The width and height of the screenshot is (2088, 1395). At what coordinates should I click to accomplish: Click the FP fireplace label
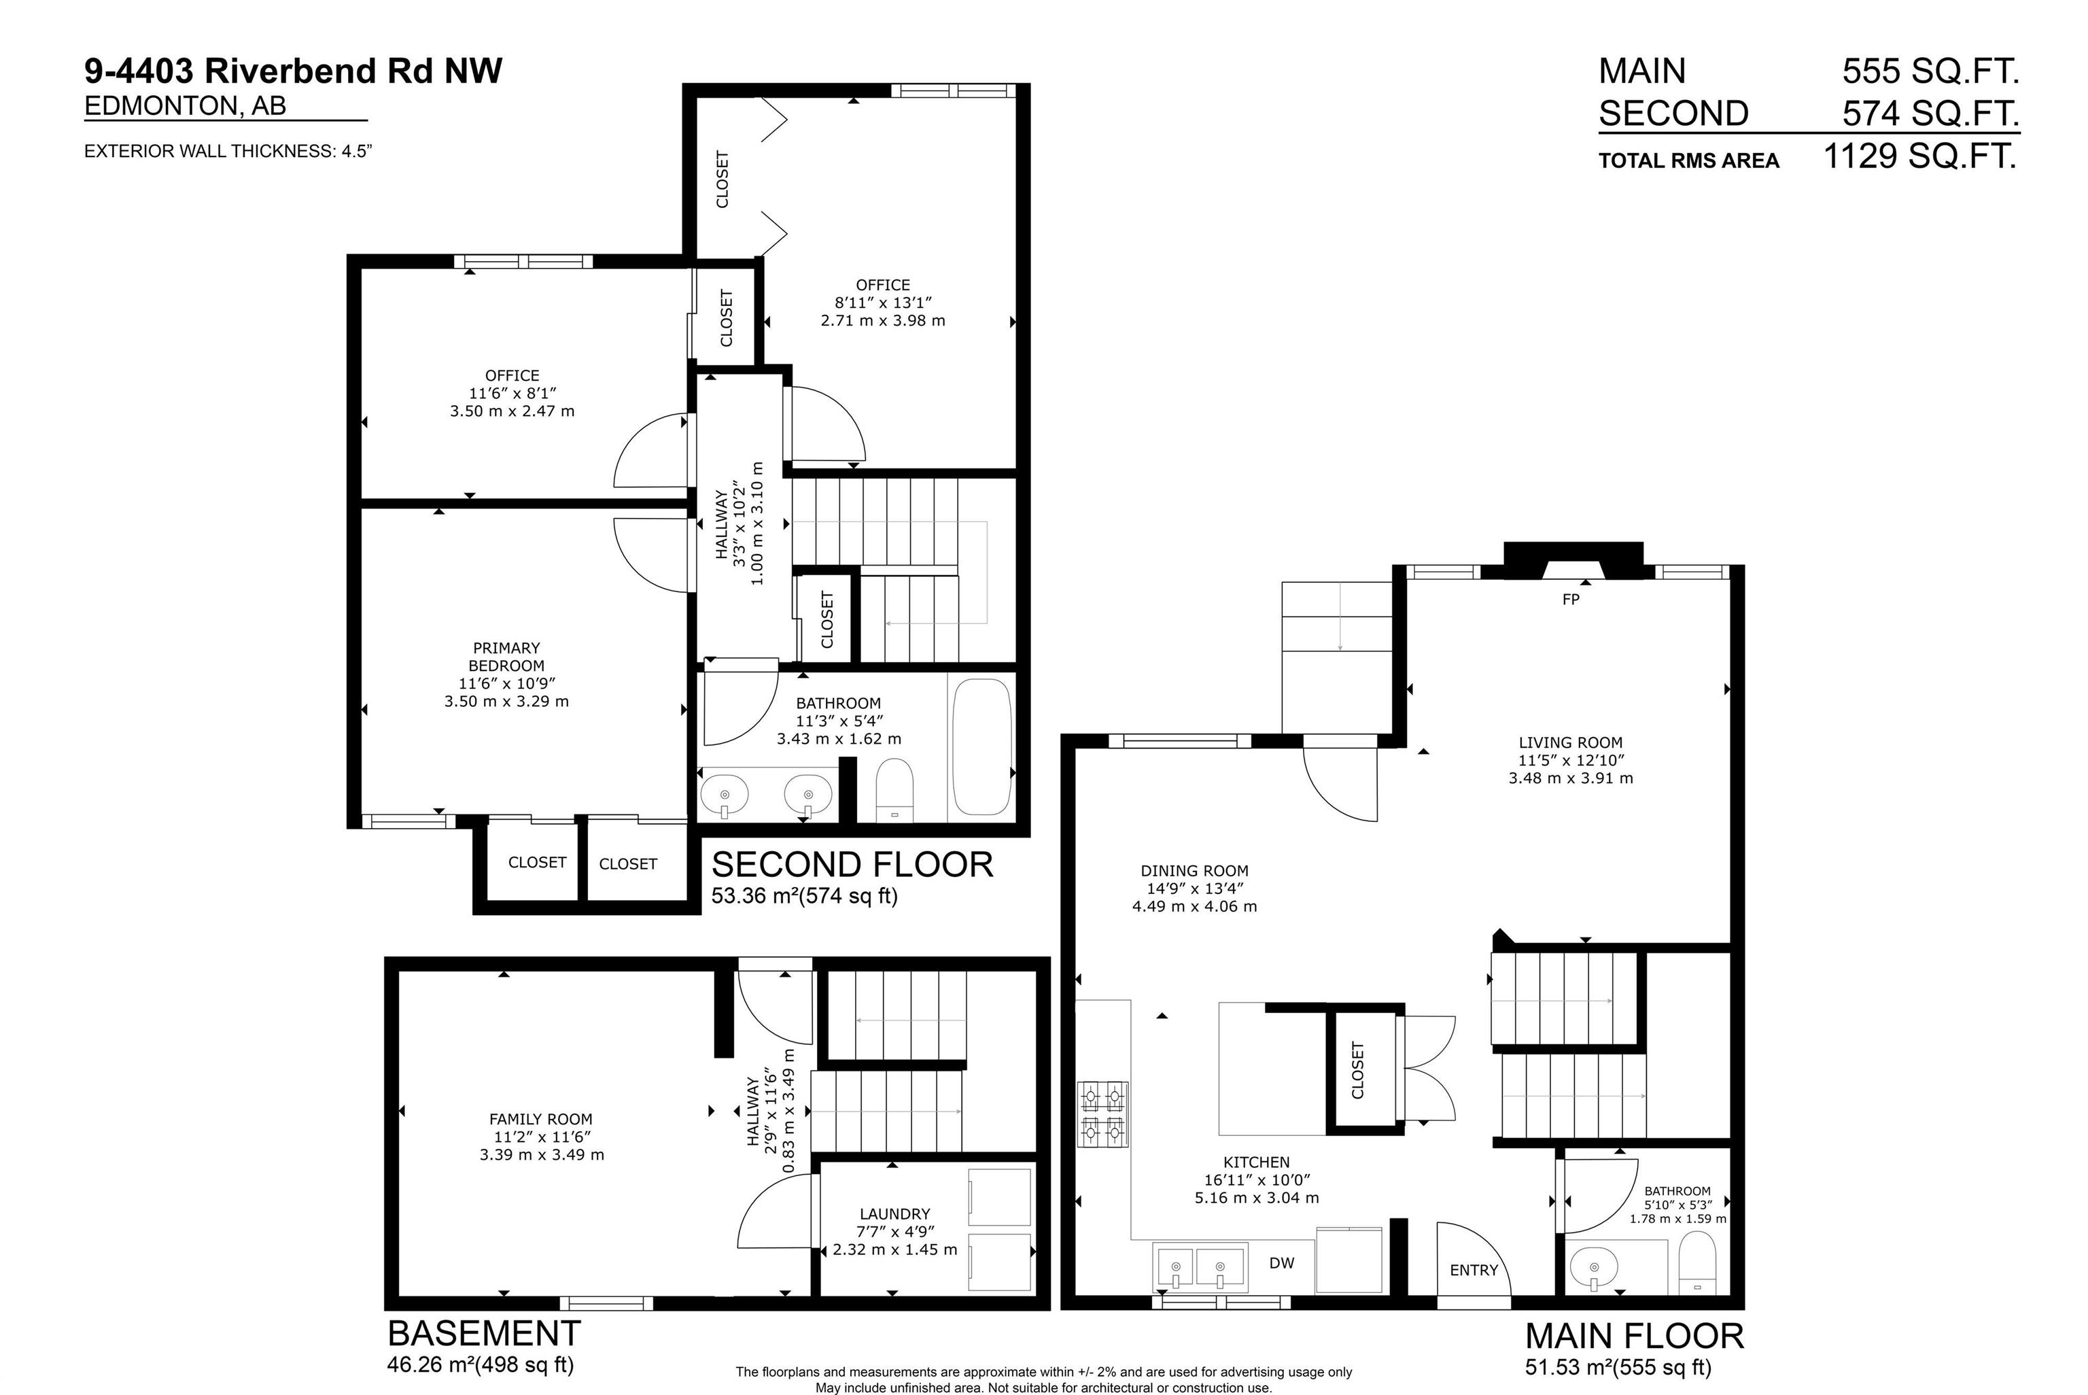pos(1571,600)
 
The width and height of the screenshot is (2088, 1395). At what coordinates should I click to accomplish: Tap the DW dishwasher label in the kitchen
pos(1281,1262)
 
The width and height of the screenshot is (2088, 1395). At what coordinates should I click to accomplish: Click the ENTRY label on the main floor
pos(1474,1271)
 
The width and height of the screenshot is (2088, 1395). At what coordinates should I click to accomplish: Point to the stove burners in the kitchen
pos(1102,1113)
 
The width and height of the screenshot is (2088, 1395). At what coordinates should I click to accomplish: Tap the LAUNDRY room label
pos(894,1213)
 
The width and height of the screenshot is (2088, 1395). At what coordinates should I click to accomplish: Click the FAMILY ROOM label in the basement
pos(540,1119)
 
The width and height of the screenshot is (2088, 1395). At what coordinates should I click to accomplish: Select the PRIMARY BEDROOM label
pos(506,657)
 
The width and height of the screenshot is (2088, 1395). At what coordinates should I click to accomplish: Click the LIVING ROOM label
pos(1571,742)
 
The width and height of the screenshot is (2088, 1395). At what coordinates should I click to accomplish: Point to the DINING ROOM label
pos(1194,870)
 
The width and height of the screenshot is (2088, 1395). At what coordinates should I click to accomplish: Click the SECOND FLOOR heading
pos(852,865)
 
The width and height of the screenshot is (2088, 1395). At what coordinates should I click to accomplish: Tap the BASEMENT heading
pos(485,1334)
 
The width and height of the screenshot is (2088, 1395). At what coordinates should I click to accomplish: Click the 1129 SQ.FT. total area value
pos(1920,156)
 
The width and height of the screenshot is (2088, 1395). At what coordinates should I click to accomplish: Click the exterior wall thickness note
pos(228,151)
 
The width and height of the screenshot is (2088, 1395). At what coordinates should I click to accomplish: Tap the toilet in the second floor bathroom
pos(894,790)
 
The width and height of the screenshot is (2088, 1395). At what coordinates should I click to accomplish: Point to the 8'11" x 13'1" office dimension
pos(882,303)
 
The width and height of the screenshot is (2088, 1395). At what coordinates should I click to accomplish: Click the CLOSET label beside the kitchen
pos(1357,1070)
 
